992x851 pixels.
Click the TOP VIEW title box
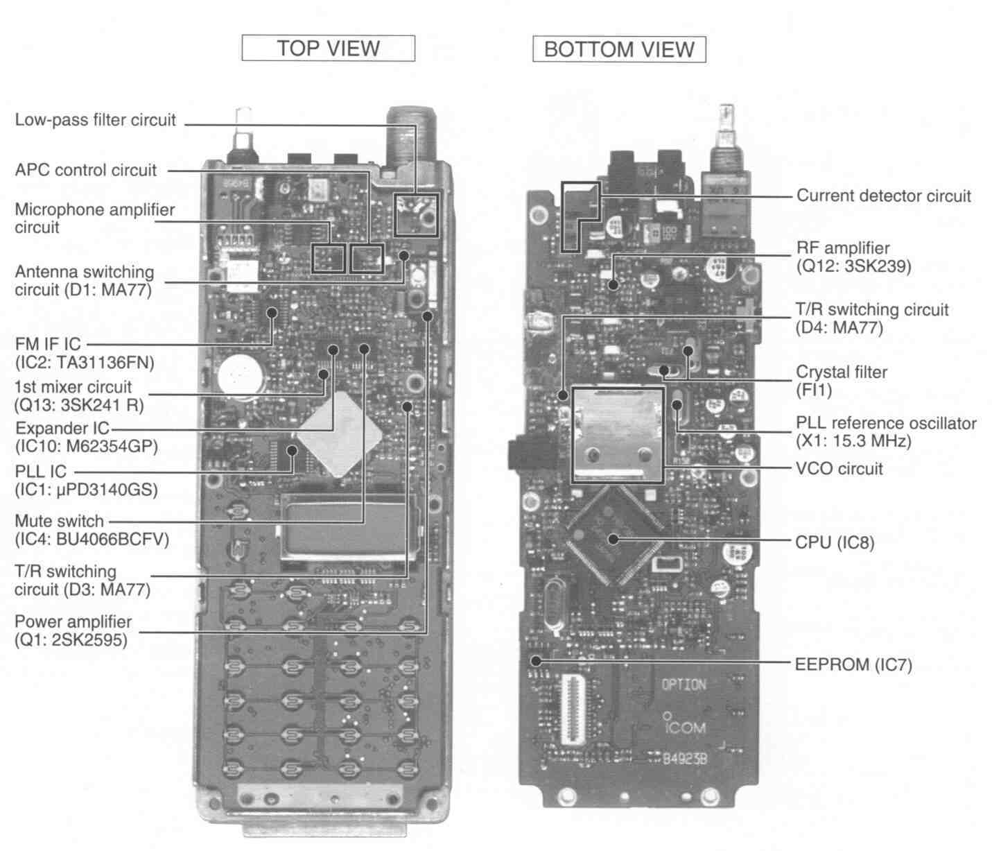329,48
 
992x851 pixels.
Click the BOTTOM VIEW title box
619,49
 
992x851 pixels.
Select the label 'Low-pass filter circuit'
95,119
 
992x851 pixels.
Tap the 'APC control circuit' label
85,169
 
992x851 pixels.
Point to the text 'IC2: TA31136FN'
85,362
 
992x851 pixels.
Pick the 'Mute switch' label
59,521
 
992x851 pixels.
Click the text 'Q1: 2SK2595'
71,639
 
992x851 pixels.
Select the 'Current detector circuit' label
884,196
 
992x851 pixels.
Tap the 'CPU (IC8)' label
835,542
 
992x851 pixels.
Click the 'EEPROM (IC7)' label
853,664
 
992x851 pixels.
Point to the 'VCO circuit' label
839,468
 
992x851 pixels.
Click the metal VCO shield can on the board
617,435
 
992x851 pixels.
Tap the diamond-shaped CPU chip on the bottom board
614,536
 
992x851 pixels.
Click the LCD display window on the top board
349,527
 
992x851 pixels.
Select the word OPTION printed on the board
684,685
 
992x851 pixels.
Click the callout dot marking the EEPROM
537,661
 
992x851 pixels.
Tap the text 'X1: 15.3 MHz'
853,441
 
